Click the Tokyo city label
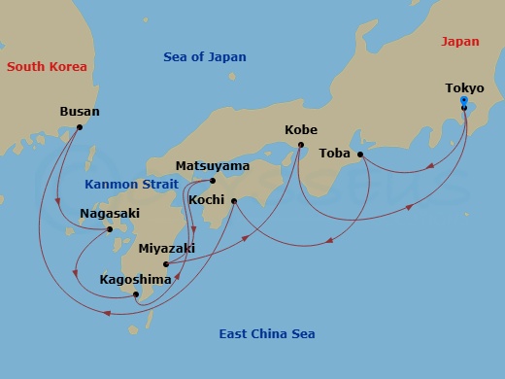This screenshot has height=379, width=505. point(464,88)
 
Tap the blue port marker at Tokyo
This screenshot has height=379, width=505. point(464,101)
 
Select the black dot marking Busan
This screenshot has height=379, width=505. point(80,127)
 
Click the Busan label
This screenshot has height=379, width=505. point(80,112)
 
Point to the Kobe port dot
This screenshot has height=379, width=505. point(300,146)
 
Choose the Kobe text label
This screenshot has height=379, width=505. point(301,130)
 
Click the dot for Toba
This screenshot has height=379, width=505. point(360,155)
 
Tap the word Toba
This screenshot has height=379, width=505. point(334,154)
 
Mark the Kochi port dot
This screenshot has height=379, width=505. point(234,200)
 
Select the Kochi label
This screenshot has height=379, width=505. point(208,199)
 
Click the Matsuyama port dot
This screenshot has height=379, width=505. point(213,181)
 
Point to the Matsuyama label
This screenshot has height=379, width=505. point(213,166)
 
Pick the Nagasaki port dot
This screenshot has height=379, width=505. point(110,229)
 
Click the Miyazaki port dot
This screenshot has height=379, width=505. point(166,264)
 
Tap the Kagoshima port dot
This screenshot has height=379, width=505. point(136,294)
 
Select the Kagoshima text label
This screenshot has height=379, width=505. point(135,280)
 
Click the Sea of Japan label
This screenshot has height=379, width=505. point(204,57)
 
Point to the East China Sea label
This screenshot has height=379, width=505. point(267,334)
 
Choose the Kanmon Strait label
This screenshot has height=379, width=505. point(131,184)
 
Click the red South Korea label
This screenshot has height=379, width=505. point(47,67)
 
